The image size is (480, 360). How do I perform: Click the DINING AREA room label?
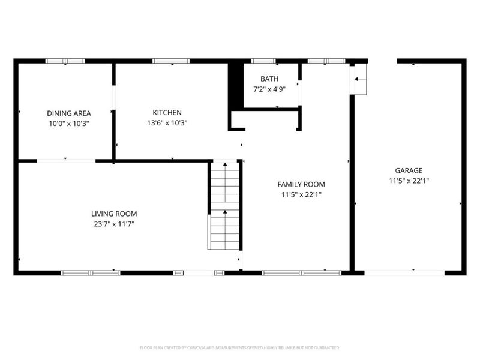point(69,113)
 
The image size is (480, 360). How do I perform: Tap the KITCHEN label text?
point(167,113)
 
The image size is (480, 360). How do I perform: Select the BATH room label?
point(269,79)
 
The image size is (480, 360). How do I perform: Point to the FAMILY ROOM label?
point(301,184)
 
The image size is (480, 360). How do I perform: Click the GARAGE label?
point(409,170)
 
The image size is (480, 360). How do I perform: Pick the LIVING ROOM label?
point(114,214)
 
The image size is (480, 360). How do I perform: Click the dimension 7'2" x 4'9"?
point(269,89)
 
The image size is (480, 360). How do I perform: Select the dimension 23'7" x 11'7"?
point(114,224)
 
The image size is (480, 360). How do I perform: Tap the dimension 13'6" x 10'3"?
point(167,123)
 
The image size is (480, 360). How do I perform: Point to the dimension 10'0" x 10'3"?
point(69,123)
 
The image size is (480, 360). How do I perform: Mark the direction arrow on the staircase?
point(224,212)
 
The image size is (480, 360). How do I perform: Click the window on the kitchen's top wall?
point(171,61)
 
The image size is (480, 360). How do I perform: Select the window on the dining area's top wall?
point(65,61)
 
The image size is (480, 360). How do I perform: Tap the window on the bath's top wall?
point(263,61)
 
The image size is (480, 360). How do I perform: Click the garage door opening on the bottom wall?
point(405,272)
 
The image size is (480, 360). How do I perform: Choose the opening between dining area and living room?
point(66,160)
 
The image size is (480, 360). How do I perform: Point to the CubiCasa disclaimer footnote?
point(240,347)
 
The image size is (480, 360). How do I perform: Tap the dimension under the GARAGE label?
point(409,181)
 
